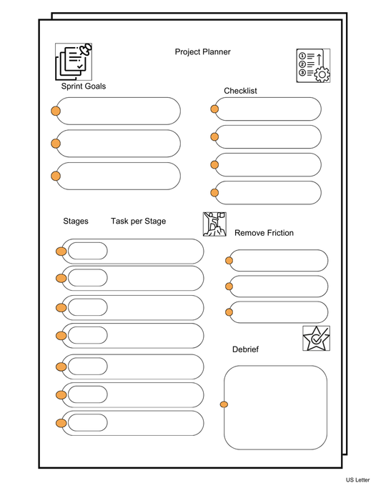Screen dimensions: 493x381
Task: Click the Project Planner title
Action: [x=202, y=51]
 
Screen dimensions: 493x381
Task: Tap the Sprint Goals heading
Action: [x=83, y=86]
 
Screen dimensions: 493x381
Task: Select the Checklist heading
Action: [x=240, y=91]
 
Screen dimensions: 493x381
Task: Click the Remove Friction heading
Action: [x=264, y=233]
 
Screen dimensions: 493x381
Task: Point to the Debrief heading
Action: [x=245, y=349]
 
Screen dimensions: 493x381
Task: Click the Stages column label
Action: [x=76, y=221]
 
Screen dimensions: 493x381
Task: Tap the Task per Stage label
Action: [x=138, y=221]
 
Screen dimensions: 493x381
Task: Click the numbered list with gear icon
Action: [x=313, y=66]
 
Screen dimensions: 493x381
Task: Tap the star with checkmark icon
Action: [x=316, y=338]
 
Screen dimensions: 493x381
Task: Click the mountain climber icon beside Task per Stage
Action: [x=214, y=224]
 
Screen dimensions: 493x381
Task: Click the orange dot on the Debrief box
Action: [x=224, y=405]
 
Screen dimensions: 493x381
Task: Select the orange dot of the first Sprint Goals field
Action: [x=56, y=111]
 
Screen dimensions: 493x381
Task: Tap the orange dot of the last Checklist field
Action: [x=214, y=192]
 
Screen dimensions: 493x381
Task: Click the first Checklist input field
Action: [x=269, y=109]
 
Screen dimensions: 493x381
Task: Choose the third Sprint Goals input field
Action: [x=119, y=176]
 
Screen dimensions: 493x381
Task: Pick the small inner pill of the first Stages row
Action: [x=87, y=251]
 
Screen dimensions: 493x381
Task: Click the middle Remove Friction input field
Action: [x=279, y=287]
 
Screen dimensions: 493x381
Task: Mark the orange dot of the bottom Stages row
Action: [x=61, y=423]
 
